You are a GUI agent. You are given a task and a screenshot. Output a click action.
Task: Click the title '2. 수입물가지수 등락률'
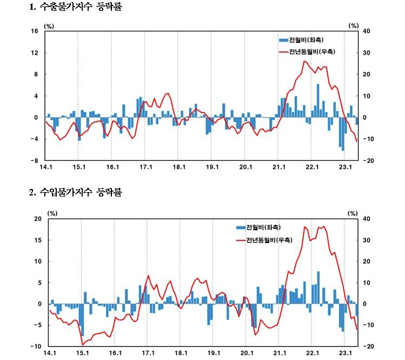coord(76,192)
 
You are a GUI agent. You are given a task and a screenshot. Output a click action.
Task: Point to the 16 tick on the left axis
coord(34,31)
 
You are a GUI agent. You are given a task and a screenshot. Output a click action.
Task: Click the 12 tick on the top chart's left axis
coord(34,53)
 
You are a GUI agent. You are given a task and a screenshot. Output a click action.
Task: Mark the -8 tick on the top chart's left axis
coord(34,161)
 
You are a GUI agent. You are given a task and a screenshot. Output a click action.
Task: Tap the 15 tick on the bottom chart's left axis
coord(38,240)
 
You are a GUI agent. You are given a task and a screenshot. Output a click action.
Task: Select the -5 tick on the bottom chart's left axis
coord(38,325)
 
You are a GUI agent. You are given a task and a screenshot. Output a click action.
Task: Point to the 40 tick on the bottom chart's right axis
coord(367,219)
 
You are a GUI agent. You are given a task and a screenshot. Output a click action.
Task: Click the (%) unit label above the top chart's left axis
coord(49,25)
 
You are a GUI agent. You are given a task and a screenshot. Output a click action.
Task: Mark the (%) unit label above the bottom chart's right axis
coord(354,213)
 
